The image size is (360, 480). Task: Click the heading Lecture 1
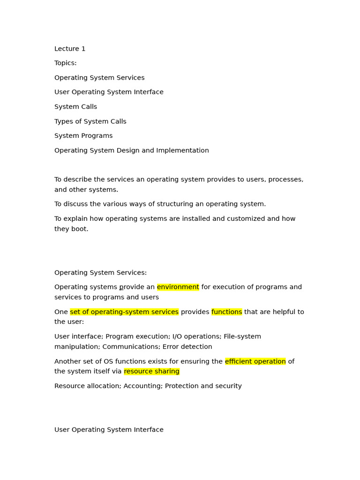pyautogui.click(x=70, y=49)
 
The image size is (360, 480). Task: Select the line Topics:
pyautogui.click(x=65, y=63)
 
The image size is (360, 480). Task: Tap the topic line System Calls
pyautogui.click(x=75, y=107)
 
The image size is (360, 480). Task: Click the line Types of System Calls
pyautogui.click(x=90, y=121)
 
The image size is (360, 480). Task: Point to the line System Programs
pyautogui.click(x=83, y=136)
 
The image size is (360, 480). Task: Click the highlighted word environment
pyautogui.click(x=178, y=287)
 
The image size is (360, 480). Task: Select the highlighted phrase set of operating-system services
pyautogui.click(x=124, y=312)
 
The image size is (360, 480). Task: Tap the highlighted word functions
pyautogui.click(x=226, y=312)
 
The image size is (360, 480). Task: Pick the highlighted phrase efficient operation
pyautogui.click(x=255, y=361)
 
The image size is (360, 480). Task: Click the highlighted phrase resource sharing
pyautogui.click(x=151, y=371)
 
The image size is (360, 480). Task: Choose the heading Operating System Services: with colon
pyautogui.click(x=100, y=273)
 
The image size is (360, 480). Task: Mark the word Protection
pyautogui.click(x=181, y=386)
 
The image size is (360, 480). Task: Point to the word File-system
pyautogui.click(x=242, y=337)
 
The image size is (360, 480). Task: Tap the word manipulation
pyautogui.click(x=76, y=347)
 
